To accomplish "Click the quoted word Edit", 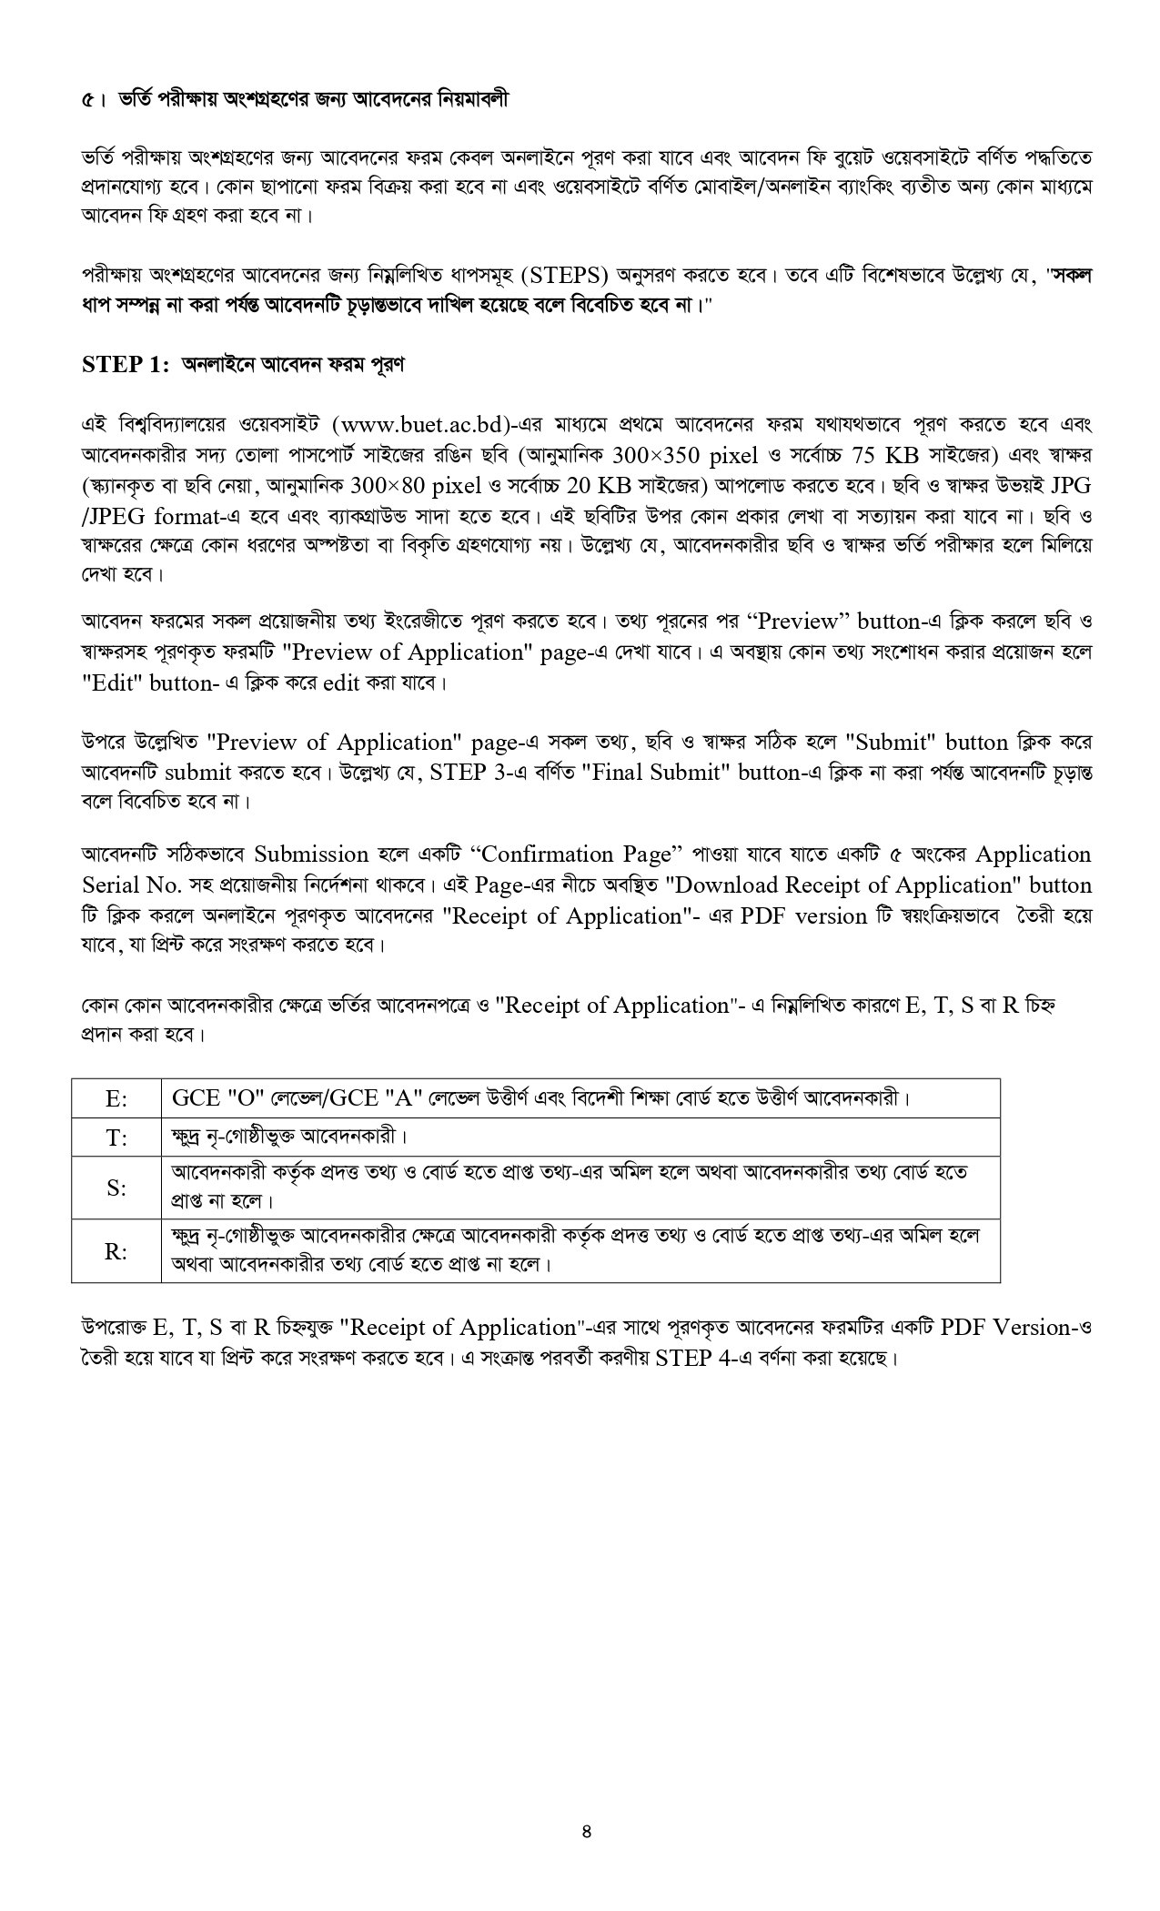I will [x=113, y=683].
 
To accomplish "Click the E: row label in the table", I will [x=116, y=1098].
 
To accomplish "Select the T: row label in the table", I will [x=116, y=1137].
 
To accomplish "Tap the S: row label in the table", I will [x=116, y=1188].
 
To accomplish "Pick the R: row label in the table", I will [x=116, y=1251].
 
